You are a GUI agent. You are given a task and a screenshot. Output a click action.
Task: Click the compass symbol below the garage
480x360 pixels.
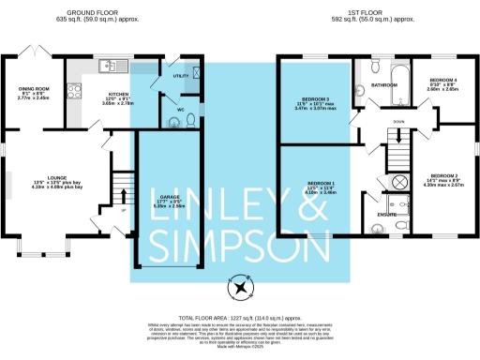pos(241,288)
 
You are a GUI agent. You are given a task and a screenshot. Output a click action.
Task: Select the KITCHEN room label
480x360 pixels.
pos(118,94)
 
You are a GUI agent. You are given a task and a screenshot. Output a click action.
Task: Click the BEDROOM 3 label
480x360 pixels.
pos(323,101)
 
